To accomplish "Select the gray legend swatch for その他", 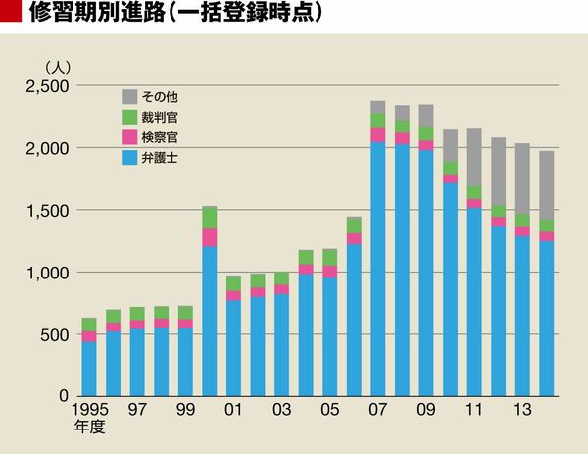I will tap(129, 96).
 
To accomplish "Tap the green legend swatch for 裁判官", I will tap(129, 117).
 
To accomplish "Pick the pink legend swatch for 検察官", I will tap(129, 136).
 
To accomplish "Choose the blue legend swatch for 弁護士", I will tap(129, 156).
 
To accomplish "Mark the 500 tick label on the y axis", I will tap(53, 334).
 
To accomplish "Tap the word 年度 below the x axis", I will tap(89, 428).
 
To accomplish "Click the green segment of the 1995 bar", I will tap(89, 325).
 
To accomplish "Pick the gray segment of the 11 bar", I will tap(473, 158).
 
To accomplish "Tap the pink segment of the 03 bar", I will tap(281, 290).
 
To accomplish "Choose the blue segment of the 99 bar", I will tap(185, 362).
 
